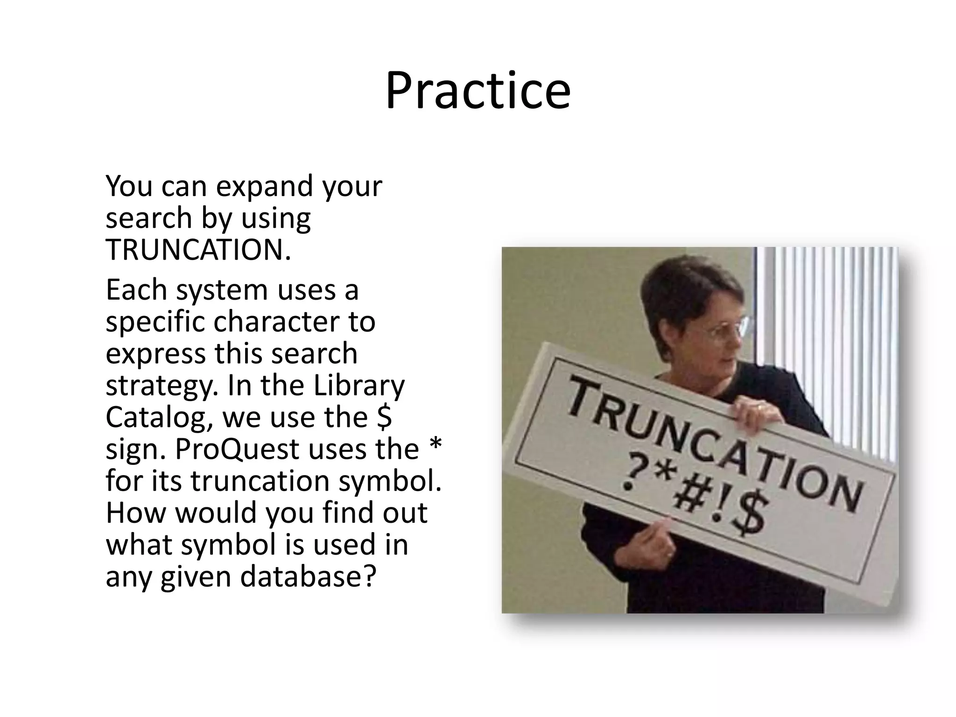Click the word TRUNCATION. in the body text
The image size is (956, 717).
[x=198, y=250]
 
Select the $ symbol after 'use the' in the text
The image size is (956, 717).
[x=384, y=417]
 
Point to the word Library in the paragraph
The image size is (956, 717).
[x=358, y=386]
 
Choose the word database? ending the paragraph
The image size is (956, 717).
[x=308, y=576]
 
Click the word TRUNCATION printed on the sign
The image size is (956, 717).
[x=714, y=443]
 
